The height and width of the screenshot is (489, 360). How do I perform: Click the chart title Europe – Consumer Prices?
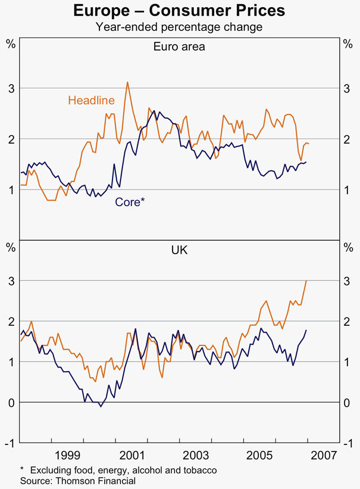[179, 11]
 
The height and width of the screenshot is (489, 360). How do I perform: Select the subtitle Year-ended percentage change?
[179, 27]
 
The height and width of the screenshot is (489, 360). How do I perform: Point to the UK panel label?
[179, 250]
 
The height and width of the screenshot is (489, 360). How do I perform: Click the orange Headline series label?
[91, 100]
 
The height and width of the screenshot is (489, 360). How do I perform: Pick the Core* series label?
[130, 202]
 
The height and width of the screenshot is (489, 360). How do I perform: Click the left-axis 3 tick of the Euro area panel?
[11, 89]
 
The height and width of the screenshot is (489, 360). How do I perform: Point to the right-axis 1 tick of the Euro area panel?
[349, 190]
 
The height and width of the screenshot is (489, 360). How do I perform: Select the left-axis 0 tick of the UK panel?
[11, 403]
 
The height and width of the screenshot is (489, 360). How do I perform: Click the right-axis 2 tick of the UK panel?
[349, 322]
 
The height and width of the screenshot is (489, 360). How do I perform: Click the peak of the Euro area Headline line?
[127, 82]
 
